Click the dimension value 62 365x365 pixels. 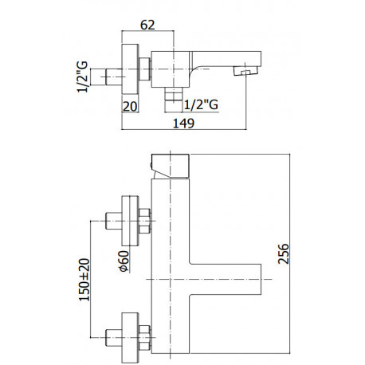pos(147,25)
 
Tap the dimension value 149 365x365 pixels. pos(183,124)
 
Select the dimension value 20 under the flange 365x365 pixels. pos(130,107)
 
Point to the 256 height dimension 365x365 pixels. pos(283,253)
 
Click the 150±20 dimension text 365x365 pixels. pos(84,280)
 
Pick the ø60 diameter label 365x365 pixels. pos(124,261)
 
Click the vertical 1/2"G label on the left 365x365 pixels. pos(82,77)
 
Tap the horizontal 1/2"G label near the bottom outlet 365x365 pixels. pos(201,104)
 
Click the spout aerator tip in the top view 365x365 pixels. pos(245,71)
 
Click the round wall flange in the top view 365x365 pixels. pos(130,69)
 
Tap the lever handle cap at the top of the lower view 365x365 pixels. pos(170,166)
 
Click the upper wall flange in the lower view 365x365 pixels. pos(130,221)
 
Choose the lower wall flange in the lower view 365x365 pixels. pos(130,338)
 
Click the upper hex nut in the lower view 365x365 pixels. pos(144,221)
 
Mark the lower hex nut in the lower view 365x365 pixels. pos(144,338)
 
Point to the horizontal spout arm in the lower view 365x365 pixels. pos(226,279)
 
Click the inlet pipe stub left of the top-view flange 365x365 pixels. pos(114,77)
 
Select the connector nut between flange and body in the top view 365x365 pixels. pos(145,69)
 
